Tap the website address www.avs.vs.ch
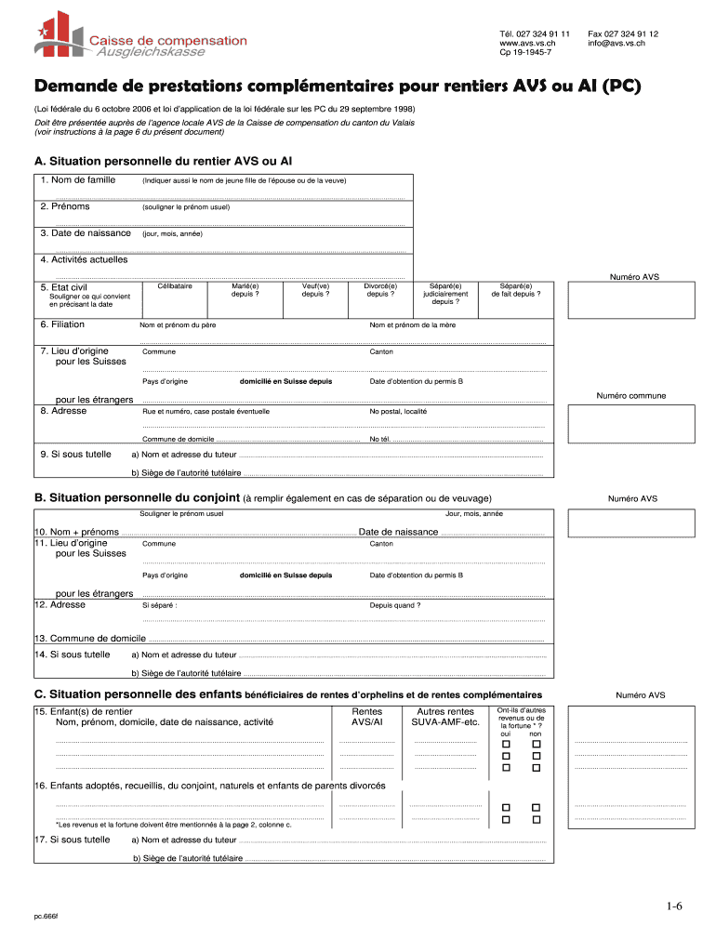(x=527, y=43)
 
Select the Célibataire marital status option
(x=175, y=286)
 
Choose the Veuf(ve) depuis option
(x=315, y=290)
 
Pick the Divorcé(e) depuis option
(x=379, y=290)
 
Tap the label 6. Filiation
(x=62, y=324)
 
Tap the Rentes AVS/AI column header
(x=365, y=716)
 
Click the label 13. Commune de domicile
(x=90, y=638)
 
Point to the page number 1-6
(x=673, y=906)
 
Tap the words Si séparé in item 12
(x=160, y=605)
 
